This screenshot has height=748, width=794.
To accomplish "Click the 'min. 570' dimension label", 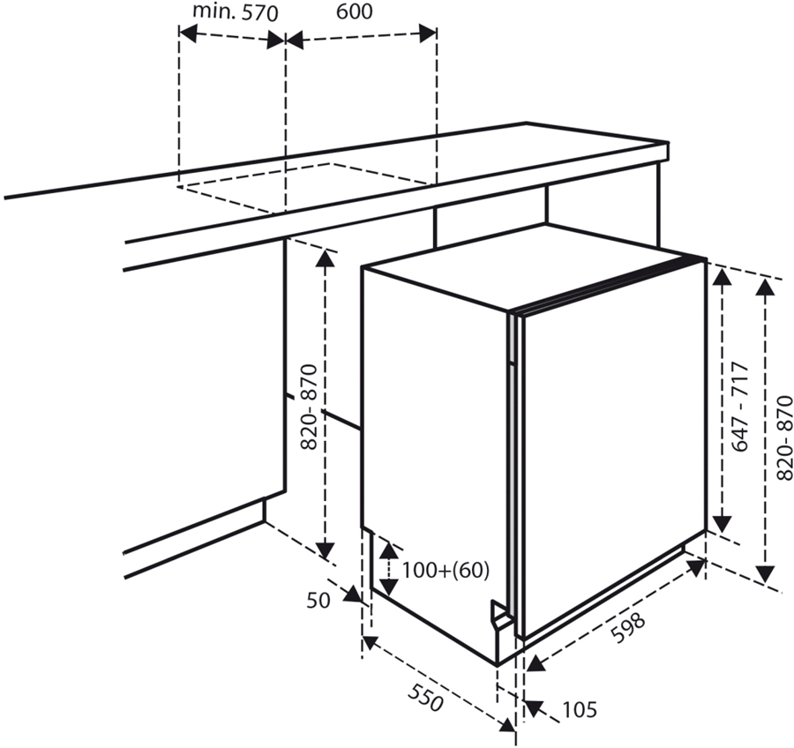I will point(236,12).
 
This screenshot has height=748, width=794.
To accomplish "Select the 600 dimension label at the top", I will point(354,11).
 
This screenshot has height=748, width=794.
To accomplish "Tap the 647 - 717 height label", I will point(739,407).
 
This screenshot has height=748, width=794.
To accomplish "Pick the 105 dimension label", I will point(579,709).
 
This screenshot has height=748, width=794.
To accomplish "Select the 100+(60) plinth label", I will point(445,570).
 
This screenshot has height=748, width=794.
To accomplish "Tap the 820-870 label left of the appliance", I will point(309,407).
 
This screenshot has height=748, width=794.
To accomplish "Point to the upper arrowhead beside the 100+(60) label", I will point(387,547).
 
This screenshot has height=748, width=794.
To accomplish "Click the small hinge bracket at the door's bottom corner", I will point(501,615).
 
